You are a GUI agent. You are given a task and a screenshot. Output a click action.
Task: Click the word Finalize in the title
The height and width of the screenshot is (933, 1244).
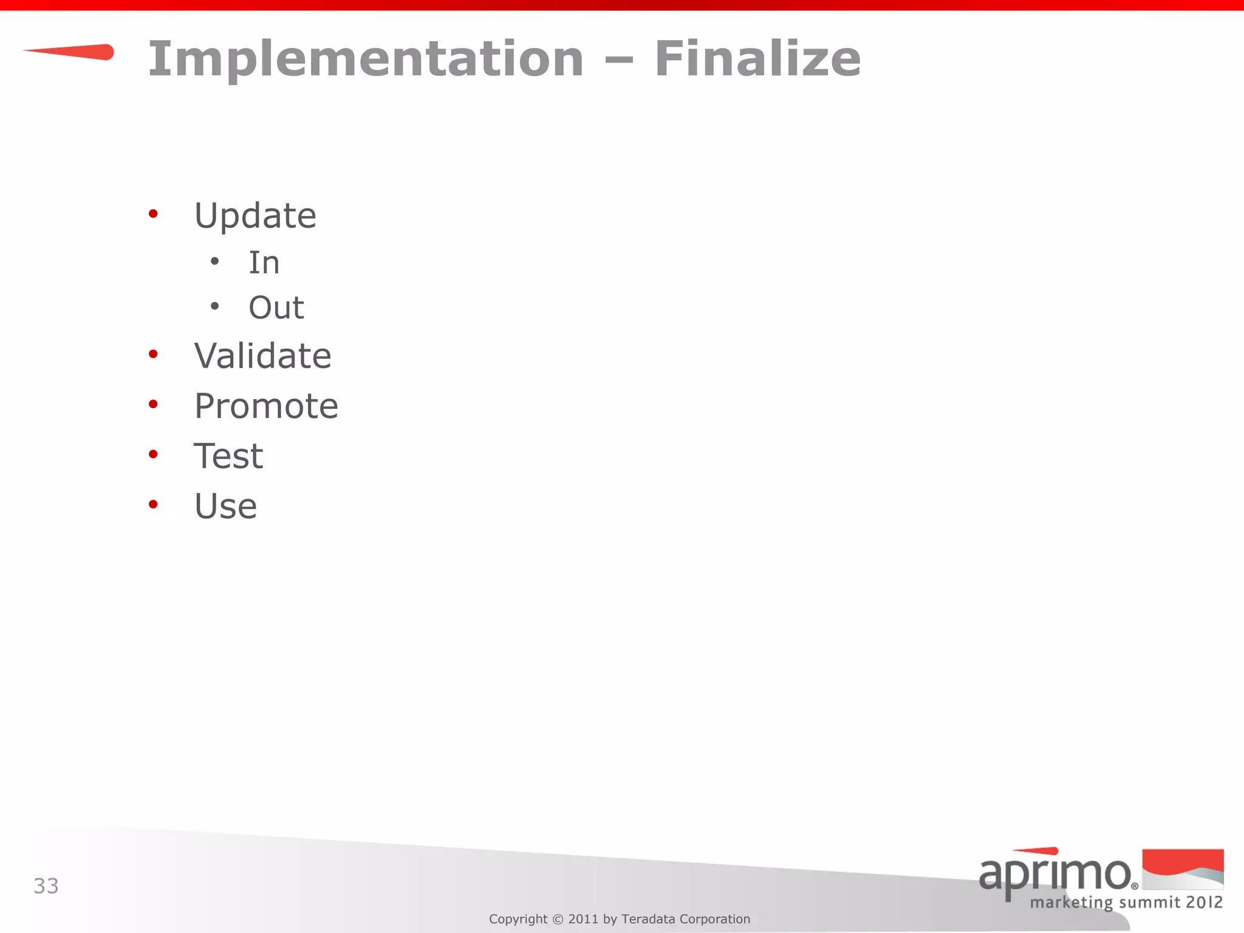(x=757, y=58)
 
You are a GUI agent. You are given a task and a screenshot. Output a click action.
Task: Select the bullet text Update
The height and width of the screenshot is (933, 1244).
(x=255, y=216)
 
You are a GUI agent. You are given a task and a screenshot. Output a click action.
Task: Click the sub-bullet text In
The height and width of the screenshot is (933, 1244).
(x=264, y=263)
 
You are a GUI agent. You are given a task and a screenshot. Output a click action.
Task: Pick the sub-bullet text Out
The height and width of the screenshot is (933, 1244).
(x=276, y=307)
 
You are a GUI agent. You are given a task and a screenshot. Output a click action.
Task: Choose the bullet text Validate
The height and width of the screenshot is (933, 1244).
(x=262, y=356)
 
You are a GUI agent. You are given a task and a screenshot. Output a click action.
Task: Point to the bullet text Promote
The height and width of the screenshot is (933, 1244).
(x=266, y=406)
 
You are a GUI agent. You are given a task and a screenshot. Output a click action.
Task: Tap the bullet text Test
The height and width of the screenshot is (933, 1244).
(x=228, y=456)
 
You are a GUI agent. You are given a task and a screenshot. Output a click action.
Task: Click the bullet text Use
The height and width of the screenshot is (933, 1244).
(x=225, y=506)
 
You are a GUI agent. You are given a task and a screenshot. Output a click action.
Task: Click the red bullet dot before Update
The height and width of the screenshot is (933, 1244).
(x=153, y=213)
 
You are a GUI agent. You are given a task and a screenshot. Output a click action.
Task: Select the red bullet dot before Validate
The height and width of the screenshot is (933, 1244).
(x=153, y=354)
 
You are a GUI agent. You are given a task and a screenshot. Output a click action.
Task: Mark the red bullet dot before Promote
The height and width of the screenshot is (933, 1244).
(x=153, y=404)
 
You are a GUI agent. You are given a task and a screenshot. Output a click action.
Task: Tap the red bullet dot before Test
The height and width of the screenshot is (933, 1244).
(x=153, y=454)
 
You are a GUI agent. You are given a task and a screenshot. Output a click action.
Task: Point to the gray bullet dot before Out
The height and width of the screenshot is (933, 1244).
(x=214, y=306)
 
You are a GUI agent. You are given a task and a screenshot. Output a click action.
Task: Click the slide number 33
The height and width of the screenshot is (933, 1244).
(x=46, y=886)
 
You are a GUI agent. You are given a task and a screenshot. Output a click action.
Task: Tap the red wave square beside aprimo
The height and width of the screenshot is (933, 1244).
(x=1183, y=869)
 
